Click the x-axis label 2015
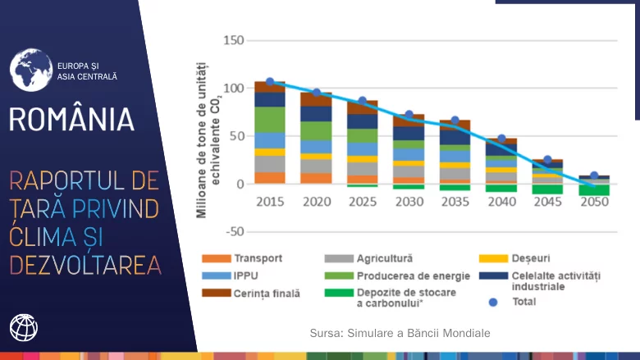point(269,202)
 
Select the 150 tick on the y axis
point(234,41)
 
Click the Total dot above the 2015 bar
point(270,82)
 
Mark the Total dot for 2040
point(501,139)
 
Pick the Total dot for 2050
point(594,175)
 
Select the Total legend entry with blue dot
point(515,302)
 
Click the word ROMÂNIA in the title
point(71,120)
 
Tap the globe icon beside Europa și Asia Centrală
point(30,69)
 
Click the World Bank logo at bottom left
point(24,328)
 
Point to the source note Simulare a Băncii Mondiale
point(400,334)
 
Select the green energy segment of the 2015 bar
point(270,120)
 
